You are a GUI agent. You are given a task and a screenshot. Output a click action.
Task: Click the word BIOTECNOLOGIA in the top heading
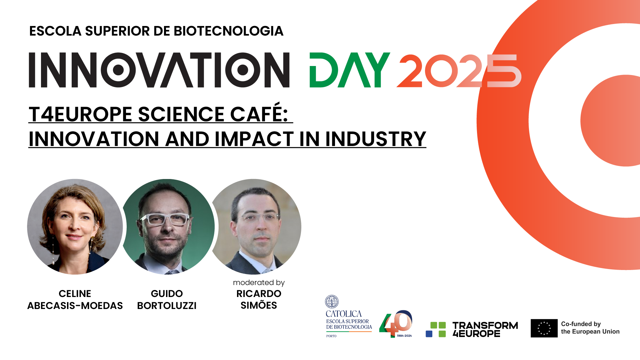click(228, 31)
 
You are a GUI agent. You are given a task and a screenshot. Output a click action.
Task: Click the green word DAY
click(349, 70)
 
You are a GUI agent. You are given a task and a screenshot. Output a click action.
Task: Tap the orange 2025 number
click(458, 71)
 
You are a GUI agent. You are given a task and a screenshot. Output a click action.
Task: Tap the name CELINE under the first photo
click(75, 294)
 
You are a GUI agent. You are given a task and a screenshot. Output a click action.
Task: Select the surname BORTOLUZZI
click(167, 306)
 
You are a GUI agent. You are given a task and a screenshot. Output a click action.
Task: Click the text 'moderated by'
click(259, 283)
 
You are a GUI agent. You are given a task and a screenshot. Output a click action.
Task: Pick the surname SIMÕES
click(259, 305)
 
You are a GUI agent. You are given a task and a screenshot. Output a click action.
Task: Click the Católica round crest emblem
click(332, 302)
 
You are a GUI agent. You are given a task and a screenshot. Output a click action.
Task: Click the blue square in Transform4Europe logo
click(429, 334)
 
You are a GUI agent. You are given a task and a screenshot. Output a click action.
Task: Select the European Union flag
click(544, 328)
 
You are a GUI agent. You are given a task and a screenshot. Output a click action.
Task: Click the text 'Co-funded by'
click(581, 324)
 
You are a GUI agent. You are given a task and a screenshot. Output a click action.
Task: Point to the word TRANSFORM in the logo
click(485, 325)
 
